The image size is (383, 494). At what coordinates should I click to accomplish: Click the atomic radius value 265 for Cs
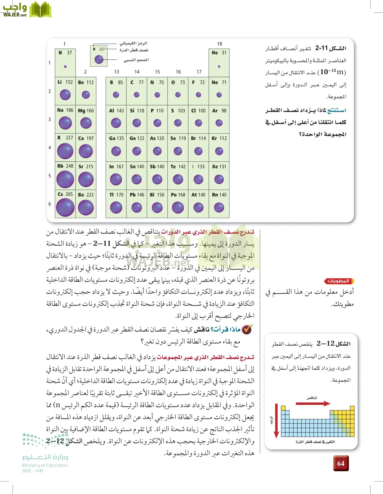coord(69,194)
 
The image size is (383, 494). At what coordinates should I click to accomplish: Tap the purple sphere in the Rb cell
coord(65,179)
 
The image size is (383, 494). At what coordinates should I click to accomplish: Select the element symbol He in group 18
coord(215,53)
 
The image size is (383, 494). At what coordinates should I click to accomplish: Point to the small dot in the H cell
coord(65,66)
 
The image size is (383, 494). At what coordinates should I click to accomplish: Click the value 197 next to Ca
coord(90,138)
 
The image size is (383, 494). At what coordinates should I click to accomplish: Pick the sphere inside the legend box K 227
coord(99,59)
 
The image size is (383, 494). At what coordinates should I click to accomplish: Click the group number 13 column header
coord(117,72)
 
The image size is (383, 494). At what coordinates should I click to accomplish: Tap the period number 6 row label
coord(50,204)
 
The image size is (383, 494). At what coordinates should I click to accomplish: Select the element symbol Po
coord(174,195)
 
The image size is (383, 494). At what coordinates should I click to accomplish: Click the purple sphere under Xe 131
coord(219,179)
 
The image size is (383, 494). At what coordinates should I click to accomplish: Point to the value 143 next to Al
coord(120,111)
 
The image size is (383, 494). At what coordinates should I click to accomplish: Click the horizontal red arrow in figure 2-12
coord(313,403)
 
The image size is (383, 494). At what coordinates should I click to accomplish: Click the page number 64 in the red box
coord(341,464)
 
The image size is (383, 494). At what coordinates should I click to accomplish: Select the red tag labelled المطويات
coord(339,281)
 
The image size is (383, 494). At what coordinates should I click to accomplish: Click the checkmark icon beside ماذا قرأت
coord(247,329)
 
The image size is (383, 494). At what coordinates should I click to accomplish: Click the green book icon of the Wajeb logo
coord(40,10)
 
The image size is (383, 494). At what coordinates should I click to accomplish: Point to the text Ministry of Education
coord(45,465)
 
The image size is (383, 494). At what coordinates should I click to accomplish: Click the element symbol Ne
coord(215,82)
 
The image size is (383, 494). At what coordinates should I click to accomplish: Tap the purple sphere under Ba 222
coord(86,207)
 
